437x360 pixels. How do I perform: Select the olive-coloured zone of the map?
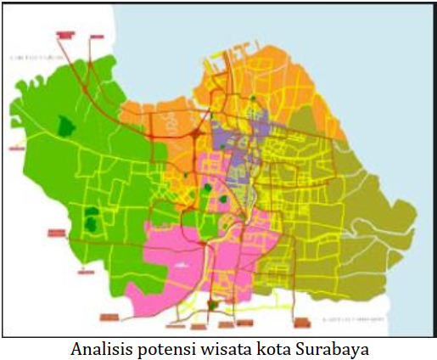tap(373, 221)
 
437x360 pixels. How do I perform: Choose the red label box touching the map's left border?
tap(14, 145)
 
